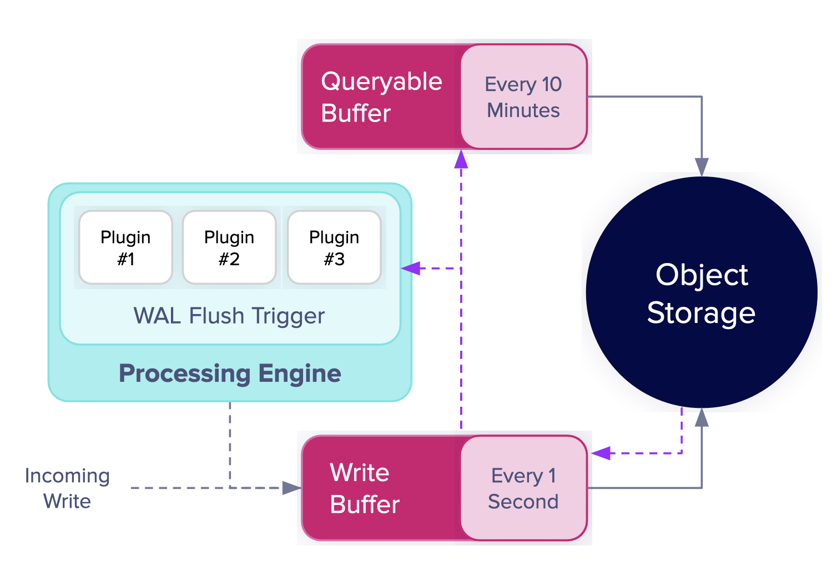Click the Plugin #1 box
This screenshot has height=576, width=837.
[x=125, y=247]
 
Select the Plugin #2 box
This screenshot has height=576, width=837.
[x=229, y=247]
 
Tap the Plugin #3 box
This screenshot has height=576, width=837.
[x=334, y=247]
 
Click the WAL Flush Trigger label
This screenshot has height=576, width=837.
[x=229, y=316]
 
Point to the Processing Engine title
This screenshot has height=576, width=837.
[x=230, y=373]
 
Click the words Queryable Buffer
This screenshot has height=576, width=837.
[x=381, y=97]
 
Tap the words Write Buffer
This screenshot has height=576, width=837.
[x=365, y=488]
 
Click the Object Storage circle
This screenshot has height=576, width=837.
[x=702, y=292]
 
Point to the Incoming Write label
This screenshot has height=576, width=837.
[x=67, y=488]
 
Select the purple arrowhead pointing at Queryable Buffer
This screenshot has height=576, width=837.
[x=461, y=159]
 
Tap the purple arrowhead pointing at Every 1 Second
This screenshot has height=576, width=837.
[x=601, y=453]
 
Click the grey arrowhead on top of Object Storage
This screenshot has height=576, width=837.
[x=702, y=167]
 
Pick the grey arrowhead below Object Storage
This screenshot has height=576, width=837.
[x=702, y=417]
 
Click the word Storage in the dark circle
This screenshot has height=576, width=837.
[x=701, y=313]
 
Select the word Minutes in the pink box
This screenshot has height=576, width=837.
[x=523, y=110]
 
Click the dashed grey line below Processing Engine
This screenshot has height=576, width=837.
[x=230, y=445]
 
